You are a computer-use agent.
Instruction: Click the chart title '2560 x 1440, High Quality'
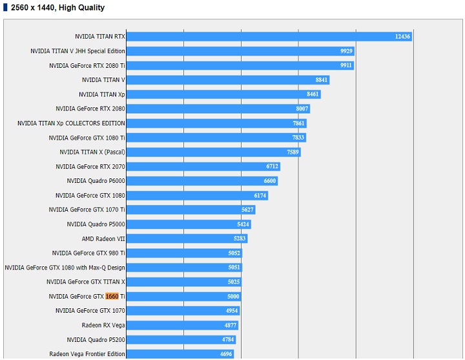pyautogui.click(x=57, y=8)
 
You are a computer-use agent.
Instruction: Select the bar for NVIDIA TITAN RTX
pyautogui.click(x=258, y=36)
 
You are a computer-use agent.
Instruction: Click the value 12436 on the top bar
pyautogui.click(x=402, y=37)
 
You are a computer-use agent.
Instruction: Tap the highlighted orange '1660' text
pyautogui.click(x=112, y=297)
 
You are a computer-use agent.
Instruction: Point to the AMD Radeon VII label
pyautogui.click(x=103, y=238)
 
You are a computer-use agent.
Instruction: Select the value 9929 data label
pyautogui.click(x=346, y=51)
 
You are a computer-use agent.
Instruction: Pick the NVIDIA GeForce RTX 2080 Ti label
pyautogui.click(x=87, y=65)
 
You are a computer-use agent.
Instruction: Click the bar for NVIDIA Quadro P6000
pyautogui.click(x=194, y=181)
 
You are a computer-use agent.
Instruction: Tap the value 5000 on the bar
pyautogui.click(x=233, y=297)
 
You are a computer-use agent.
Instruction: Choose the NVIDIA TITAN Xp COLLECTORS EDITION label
pyautogui.click(x=71, y=123)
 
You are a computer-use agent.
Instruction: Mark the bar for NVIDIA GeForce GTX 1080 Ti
pyautogui.click(x=207, y=138)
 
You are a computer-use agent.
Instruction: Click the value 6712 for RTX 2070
pyautogui.click(x=272, y=167)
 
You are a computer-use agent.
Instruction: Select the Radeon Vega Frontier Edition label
pyautogui.click(x=87, y=354)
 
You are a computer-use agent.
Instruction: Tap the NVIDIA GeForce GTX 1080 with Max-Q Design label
pyautogui.click(x=65, y=268)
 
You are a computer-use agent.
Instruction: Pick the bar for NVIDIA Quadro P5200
pyautogui.click(x=174, y=339)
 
